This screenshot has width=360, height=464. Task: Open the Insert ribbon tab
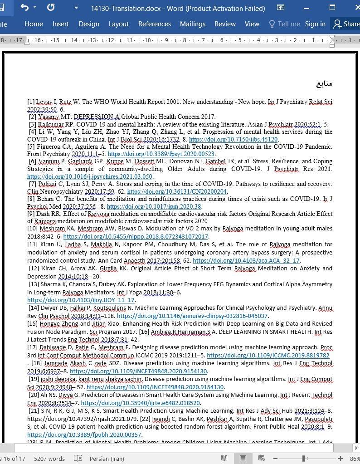pyautogui.click(x=60, y=24)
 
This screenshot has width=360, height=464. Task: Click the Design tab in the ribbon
pyautogui.click(x=88, y=24)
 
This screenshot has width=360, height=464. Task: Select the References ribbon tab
pyautogui.click(x=154, y=24)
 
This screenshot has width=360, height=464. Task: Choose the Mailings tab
pyautogui.click(x=192, y=24)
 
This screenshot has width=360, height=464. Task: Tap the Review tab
pyautogui.click(x=225, y=24)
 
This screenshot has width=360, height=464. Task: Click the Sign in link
pyautogui.click(x=315, y=24)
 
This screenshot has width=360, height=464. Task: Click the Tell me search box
pyautogui.click(x=284, y=24)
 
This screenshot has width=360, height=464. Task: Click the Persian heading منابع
pyautogui.click(x=324, y=83)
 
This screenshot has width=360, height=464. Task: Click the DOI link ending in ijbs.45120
pyautogui.click(x=233, y=139)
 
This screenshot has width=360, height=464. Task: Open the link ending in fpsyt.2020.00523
pyautogui.click(x=161, y=154)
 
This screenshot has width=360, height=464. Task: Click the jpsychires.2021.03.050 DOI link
pyautogui.click(x=90, y=176)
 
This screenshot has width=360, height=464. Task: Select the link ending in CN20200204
pyautogui.click(x=177, y=191)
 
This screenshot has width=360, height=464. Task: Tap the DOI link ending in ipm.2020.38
pyautogui.click(x=154, y=206)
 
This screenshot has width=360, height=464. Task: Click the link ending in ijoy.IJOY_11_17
pyautogui.click(x=81, y=300)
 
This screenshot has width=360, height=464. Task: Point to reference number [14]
pyautogui.click(x=34, y=308)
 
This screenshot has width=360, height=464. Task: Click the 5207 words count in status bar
pyautogui.click(x=49, y=459)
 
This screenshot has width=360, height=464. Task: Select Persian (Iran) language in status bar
pyautogui.click(x=107, y=459)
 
